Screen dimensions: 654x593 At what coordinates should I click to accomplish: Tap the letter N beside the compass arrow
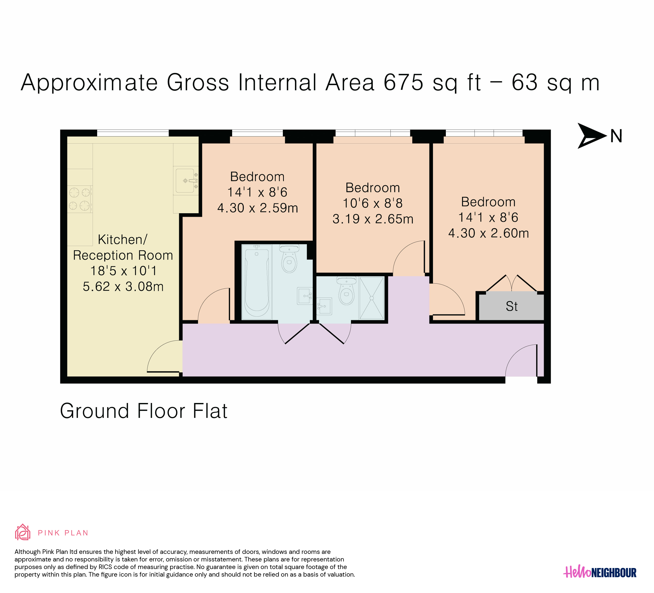click(616, 136)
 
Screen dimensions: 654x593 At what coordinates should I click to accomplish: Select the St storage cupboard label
click(512, 307)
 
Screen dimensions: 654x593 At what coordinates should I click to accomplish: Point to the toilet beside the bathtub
click(289, 259)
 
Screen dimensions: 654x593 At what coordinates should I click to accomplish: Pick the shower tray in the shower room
click(371, 298)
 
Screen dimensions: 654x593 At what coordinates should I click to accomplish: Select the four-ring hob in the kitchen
click(79, 199)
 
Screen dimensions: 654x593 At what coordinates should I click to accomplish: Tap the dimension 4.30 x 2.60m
click(488, 233)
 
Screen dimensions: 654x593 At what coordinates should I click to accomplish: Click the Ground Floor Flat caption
click(144, 411)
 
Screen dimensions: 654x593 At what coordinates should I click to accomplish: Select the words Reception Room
click(123, 255)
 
